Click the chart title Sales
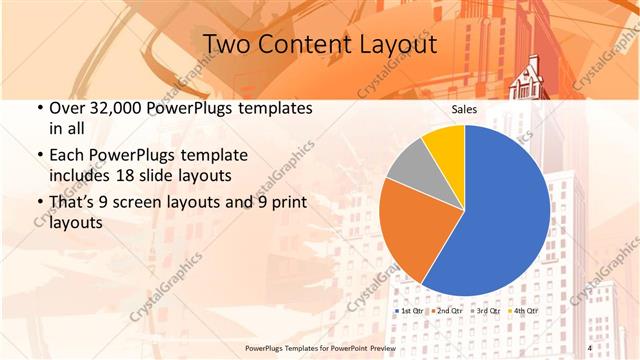465,111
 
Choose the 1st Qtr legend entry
412,311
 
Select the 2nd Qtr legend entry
449,311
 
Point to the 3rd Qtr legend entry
485,311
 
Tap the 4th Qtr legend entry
523,311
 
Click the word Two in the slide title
226,45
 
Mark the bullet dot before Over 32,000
39,108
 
